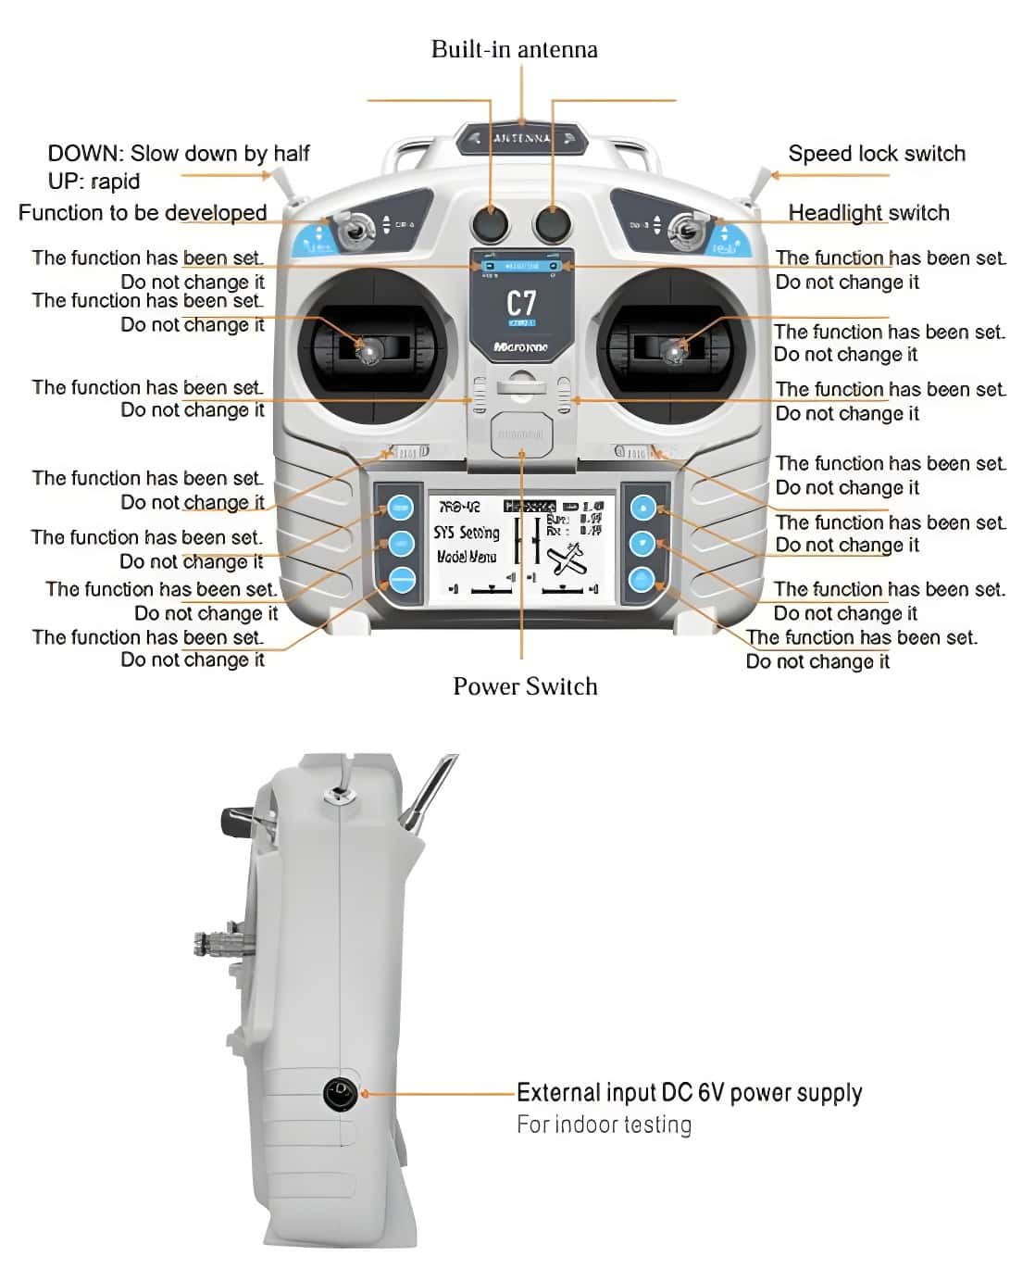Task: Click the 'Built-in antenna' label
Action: pos(514,49)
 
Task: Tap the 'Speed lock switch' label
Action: pos(876,154)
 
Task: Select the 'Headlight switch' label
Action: pos(868,213)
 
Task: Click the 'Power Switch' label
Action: pos(525,686)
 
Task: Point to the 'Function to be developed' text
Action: pos(143,213)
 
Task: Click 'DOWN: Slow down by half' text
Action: pos(179,154)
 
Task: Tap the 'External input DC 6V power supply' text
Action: pos(689,1093)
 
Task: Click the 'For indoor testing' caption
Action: pos(604,1125)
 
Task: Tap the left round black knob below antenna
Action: pos(491,223)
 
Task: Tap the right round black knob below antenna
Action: pos(553,223)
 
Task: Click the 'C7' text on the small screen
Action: pos(521,303)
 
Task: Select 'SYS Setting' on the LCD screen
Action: pos(467,533)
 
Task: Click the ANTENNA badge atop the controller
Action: pos(522,139)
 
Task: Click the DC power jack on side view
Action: pos(341,1093)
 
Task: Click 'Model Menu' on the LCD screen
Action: pos(467,557)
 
